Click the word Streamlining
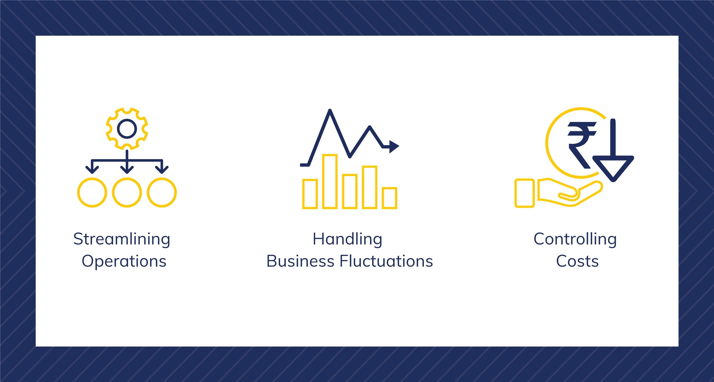pos(122,239)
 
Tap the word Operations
pos(124,261)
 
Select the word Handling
pos(348,239)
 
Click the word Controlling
pos(575,239)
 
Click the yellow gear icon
pos(127,128)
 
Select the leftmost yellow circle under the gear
pos(92,192)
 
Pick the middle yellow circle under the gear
pos(127,192)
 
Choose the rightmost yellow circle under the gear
pos(162,192)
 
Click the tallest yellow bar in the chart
pos(330,181)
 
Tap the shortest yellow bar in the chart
pos(389,198)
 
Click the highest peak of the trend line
pos(330,110)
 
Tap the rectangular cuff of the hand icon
pos(524,193)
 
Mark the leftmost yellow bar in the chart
pos(310,194)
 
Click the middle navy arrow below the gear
pos(127,162)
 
